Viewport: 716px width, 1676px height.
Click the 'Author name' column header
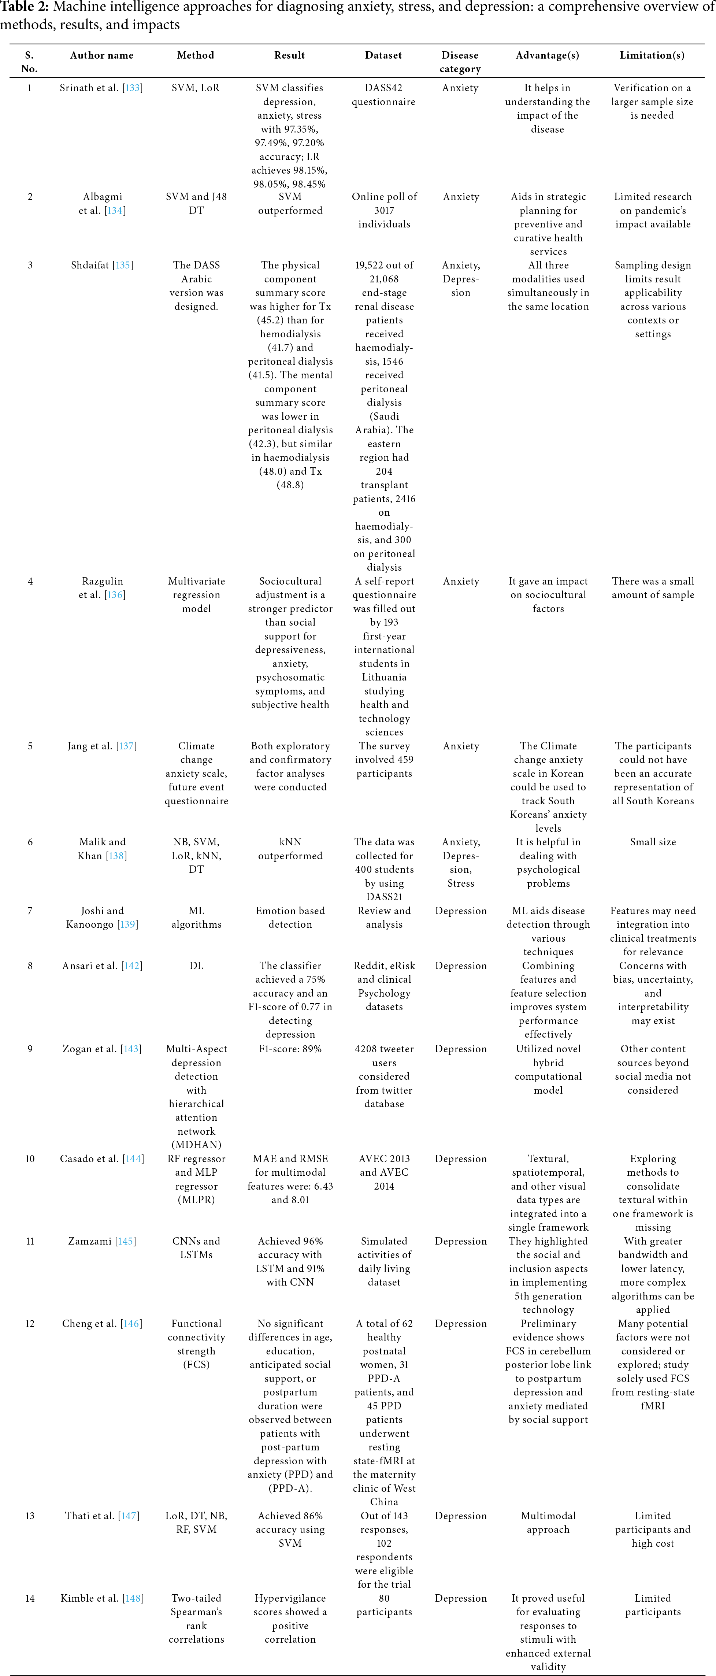click(x=101, y=55)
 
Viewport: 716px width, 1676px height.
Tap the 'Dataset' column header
click(x=384, y=55)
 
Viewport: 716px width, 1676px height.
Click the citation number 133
click(x=133, y=88)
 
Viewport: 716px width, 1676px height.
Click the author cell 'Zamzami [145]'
click(x=102, y=1241)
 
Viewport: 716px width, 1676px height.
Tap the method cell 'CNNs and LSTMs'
click(x=196, y=1248)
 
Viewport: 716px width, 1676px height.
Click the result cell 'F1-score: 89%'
click(x=290, y=1049)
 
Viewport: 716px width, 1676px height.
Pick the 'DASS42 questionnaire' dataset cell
click(x=384, y=95)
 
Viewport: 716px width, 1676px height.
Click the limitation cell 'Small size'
click(x=652, y=842)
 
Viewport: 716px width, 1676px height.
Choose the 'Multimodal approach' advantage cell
click(x=548, y=1523)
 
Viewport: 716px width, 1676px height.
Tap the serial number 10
click(x=30, y=1159)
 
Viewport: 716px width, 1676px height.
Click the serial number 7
click(x=30, y=911)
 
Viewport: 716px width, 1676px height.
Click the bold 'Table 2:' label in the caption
click(x=24, y=7)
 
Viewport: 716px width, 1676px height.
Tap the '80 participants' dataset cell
click(x=384, y=1605)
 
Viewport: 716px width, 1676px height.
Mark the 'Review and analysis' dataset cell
click(x=384, y=917)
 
